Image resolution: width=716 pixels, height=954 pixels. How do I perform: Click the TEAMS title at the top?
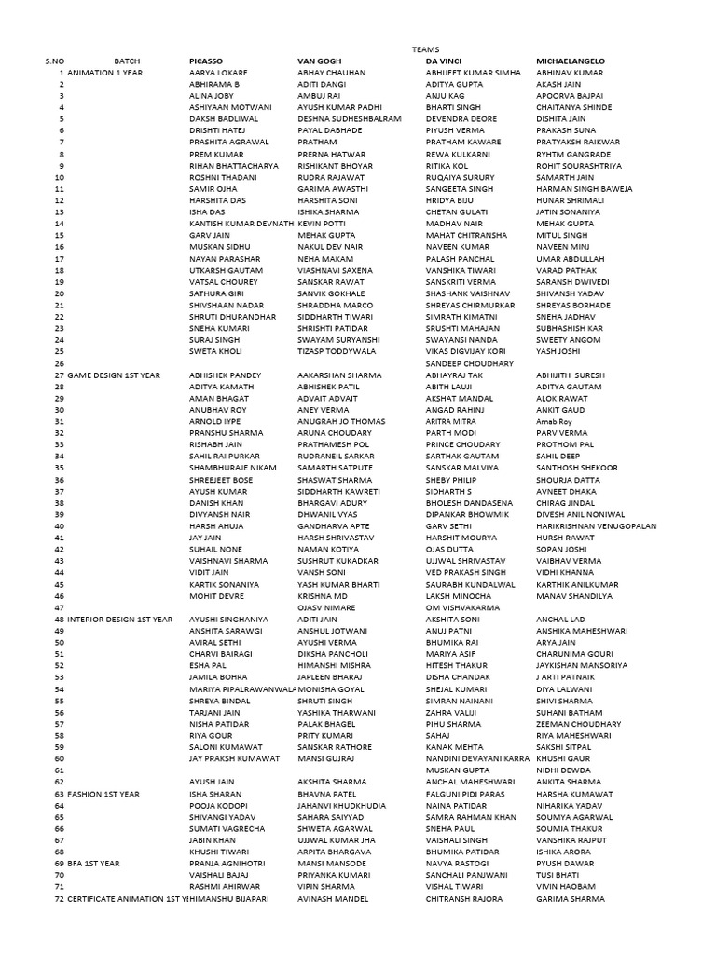click(425, 49)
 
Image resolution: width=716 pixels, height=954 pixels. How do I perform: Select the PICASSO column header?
click(208, 61)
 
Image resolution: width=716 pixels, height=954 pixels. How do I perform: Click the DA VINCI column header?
click(444, 61)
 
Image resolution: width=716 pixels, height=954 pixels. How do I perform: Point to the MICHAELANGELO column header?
click(571, 61)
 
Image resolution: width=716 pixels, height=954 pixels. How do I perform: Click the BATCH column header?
click(127, 61)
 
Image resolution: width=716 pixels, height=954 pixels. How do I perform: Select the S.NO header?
click(54, 61)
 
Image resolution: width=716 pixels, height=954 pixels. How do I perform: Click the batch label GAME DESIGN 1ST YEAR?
click(114, 375)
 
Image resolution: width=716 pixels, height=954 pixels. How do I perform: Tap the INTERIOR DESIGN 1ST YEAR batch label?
click(120, 619)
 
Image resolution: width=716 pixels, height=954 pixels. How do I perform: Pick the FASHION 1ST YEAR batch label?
click(103, 794)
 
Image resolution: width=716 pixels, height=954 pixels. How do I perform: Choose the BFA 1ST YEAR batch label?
click(96, 864)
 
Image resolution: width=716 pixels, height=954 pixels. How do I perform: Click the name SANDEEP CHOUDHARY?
click(470, 363)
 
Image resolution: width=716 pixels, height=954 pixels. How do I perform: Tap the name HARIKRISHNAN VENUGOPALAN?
click(597, 525)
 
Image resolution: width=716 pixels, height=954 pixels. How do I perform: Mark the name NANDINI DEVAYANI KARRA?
click(477, 758)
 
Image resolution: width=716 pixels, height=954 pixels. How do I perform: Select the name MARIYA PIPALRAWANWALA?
click(235, 688)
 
